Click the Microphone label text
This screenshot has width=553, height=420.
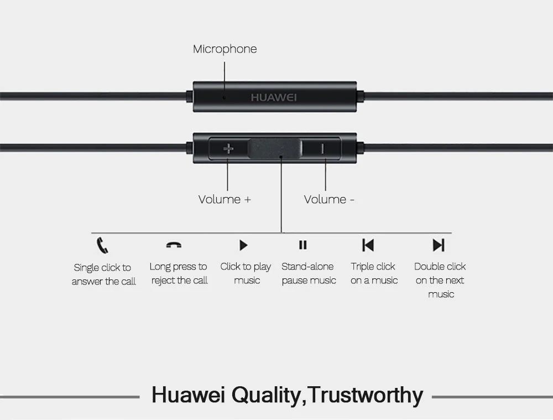pyautogui.click(x=225, y=49)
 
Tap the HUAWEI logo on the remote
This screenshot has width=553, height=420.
pyautogui.click(x=274, y=97)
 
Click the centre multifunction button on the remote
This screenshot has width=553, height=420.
pyautogui.click(x=275, y=148)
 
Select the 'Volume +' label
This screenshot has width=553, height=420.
pyautogui.click(x=225, y=199)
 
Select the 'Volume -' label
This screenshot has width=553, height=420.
pyautogui.click(x=329, y=199)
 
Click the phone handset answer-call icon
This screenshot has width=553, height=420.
pyautogui.click(x=102, y=245)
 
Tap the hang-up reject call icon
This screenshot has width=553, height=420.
pyautogui.click(x=174, y=245)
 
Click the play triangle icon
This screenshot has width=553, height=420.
pyautogui.click(x=243, y=245)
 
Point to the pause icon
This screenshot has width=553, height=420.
pyautogui.click(x=302, y=245)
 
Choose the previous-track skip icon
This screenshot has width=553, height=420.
pyautogui.click(x=368, y=245)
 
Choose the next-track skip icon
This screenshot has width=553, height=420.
pyautogui.click(x=439, y=245)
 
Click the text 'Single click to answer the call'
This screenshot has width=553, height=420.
pyautogui.click(x=103, y=274)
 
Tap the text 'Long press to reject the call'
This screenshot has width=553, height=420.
pyautogui.click(x=179, y=273)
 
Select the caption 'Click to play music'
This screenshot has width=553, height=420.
pyautogui.click(x=246, y=273)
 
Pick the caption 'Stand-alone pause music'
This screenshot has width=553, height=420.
pyautogui.click(x=309, y=273)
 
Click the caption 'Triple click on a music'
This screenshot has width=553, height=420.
pyautogui.click(x=374, y=273)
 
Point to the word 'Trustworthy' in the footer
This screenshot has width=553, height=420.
pyautogui.click(x=366, y=395)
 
